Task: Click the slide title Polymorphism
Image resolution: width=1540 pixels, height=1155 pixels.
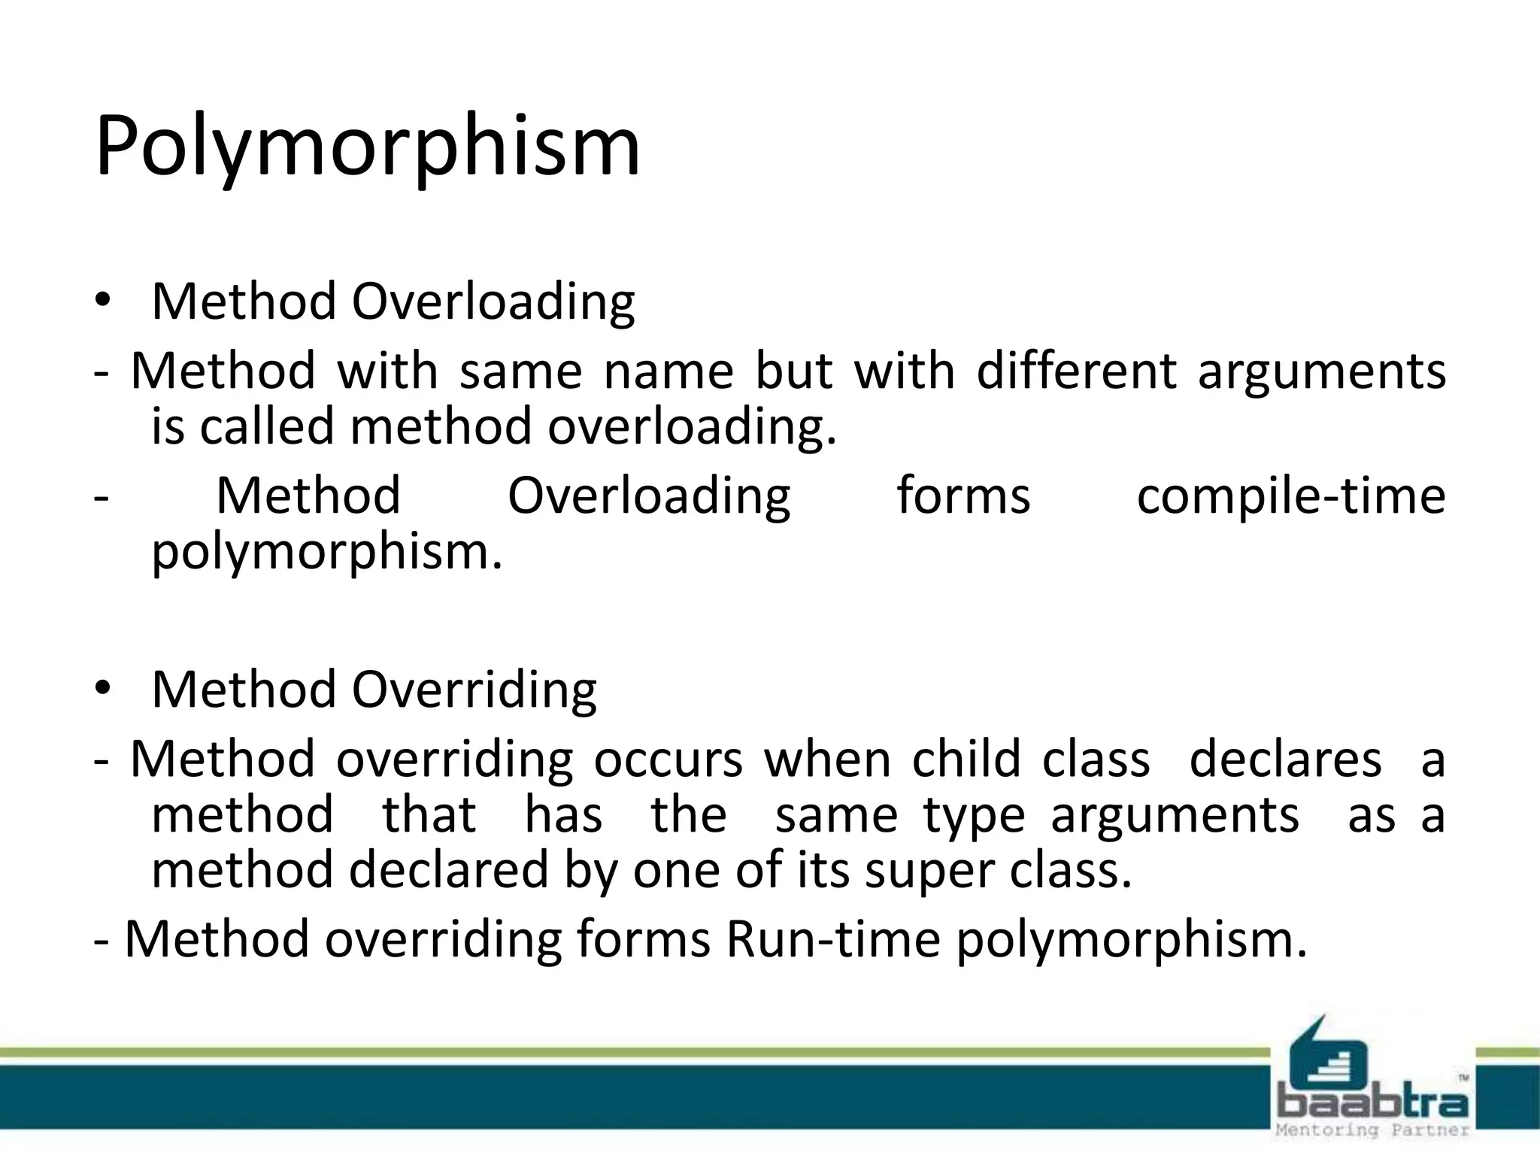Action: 367,147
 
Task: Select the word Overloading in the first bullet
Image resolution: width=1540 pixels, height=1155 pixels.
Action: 493,302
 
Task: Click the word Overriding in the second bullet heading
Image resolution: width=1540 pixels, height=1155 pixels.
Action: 474,690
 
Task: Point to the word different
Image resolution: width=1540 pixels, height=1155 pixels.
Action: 1076,371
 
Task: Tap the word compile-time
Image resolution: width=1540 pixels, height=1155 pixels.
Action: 1290,496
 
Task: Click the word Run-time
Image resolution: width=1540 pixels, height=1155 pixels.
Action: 832,940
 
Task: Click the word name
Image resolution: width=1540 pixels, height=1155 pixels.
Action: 668,371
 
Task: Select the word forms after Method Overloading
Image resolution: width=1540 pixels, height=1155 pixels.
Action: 963,496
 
